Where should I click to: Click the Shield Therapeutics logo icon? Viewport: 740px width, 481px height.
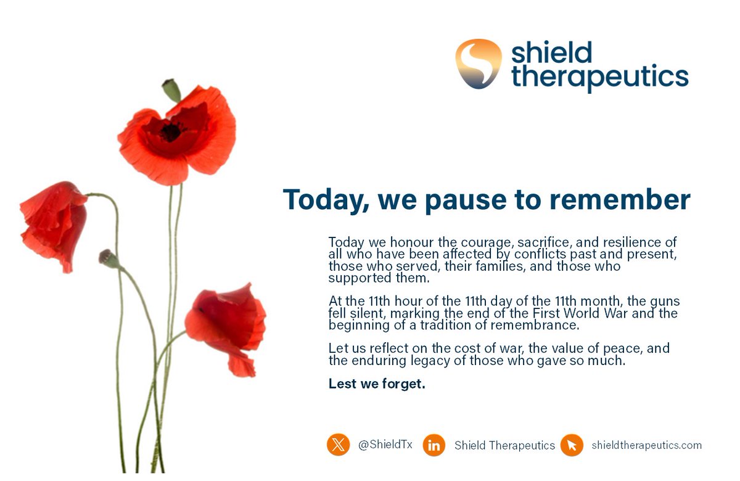pyautogui.click(x=479, y=64)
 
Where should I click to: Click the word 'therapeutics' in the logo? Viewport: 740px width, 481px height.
pyautogui.click(x=599, y=79)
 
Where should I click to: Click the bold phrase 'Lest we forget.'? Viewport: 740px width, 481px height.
pyautogui.click(x=377, y=384)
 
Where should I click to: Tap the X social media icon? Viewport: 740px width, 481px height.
pyautogui.click(x=338, y=445)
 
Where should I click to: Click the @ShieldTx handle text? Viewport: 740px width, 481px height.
pyautogui.click(x=385, y=445)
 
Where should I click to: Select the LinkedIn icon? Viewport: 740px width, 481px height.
pyautogui.click(x=434, y=445)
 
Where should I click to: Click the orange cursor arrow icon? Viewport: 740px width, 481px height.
pyautogui.click(x=572, y=445)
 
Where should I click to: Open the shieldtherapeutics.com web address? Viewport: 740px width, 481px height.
pyautogui.click(x=646, y=445)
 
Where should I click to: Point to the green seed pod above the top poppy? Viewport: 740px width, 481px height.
pyautogui.click(x=171, y=91)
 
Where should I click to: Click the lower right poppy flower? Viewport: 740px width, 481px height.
pyautogui.click(x=227, y=324)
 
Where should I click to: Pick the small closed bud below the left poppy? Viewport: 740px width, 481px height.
pyautogui.click(x=109, y=258)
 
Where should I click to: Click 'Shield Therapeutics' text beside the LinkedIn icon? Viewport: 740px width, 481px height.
pyautogui.click(x=504, y=445)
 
